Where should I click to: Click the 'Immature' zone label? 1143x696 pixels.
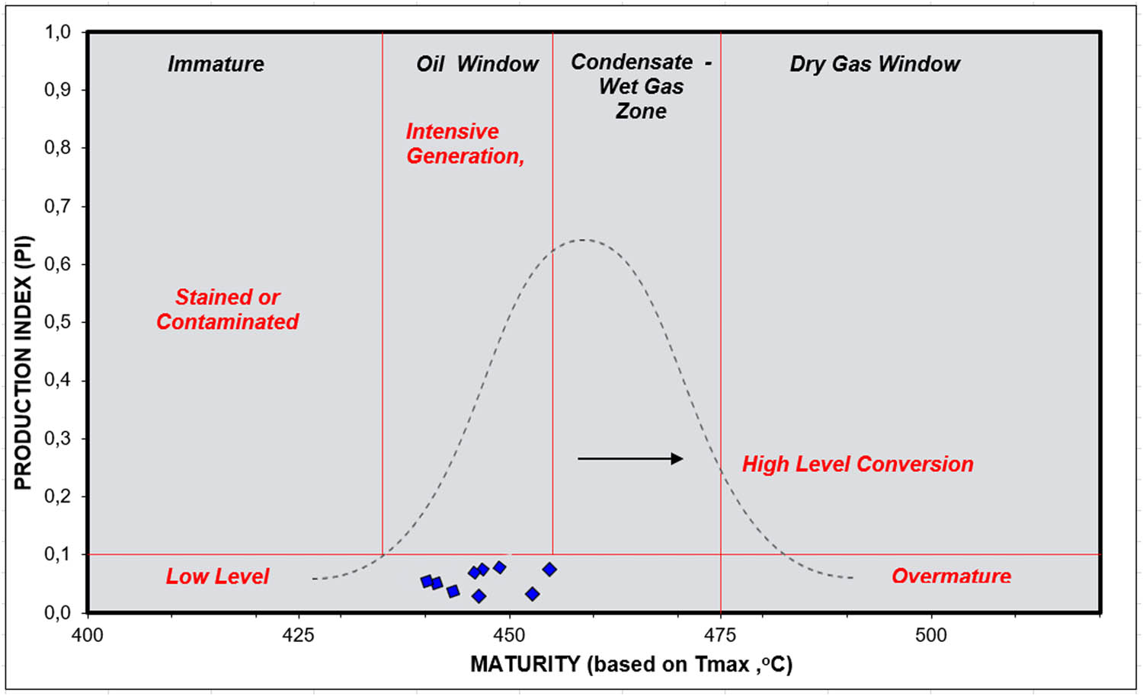216,64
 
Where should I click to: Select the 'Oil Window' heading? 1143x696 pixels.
477,64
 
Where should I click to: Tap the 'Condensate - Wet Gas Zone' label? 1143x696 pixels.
641,86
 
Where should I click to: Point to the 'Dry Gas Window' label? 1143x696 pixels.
874,64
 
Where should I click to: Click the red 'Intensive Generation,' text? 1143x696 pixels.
465,144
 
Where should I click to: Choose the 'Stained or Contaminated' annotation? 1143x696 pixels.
227,309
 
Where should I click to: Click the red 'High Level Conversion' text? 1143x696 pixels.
857,465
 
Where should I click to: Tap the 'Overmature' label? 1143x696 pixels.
951,576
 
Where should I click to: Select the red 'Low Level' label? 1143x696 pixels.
217,576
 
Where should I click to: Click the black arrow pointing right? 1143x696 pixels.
630,458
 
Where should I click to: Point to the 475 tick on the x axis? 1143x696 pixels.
720,635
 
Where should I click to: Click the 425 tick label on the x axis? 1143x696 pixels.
298,635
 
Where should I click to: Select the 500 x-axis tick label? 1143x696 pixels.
930,635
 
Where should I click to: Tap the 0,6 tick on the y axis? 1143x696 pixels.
57,264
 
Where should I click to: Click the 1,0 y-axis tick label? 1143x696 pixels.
57,32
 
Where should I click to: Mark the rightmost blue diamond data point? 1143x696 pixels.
549,570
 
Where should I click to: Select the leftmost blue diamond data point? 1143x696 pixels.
427,581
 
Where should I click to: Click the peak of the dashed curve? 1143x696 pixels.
581,240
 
